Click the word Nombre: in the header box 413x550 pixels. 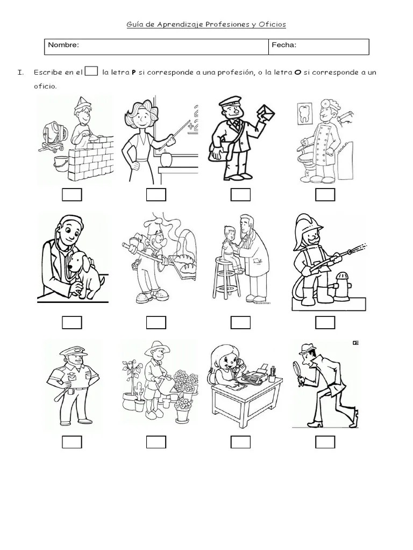click(63, 45)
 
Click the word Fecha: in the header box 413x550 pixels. click(284, 45)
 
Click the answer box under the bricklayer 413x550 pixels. click(72, 194)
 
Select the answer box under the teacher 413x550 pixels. click(156, 194)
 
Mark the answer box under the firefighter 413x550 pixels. click(325, 322)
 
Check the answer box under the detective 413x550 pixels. click(325, 442)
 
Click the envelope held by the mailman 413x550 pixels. click(266, 113)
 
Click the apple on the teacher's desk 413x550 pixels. click(166, 159)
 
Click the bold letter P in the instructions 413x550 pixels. click(133, 73)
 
